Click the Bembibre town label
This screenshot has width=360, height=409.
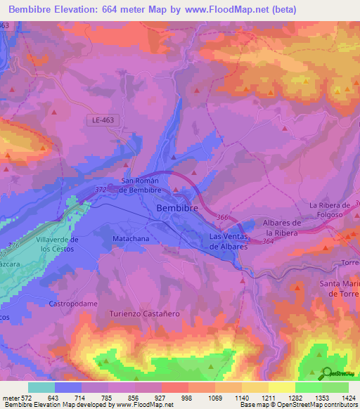(176, 209)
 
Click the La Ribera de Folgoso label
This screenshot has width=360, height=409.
(334, 209)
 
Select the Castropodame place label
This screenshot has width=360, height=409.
(72, 304)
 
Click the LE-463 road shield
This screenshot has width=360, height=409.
(103, 120)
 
